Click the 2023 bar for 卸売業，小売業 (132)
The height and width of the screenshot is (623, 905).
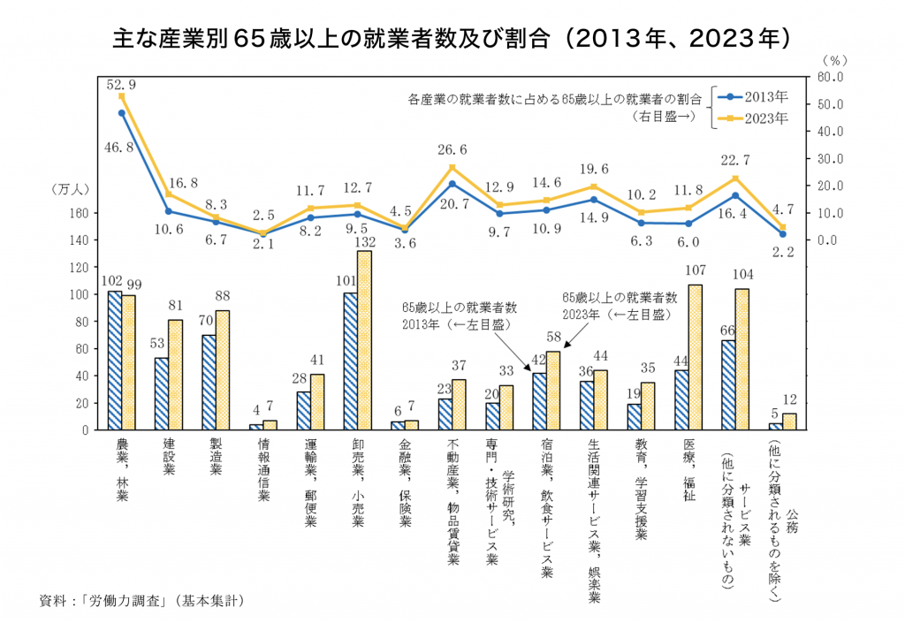[364, 340]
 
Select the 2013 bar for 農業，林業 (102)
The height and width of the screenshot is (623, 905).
[114, 361]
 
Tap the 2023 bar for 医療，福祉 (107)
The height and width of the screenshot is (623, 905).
[696, 357]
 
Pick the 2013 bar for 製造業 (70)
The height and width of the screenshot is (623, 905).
[209, 382]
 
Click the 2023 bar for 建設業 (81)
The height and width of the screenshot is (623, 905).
[175, 375]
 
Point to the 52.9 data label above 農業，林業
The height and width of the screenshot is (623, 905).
[121, 85]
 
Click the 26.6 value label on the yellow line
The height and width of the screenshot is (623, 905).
[452, 150]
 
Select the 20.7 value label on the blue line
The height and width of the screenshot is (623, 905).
[452, 204]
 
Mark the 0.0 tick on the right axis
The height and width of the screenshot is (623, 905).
[827, 240]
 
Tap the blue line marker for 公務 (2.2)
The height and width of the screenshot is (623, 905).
[782, 234]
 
